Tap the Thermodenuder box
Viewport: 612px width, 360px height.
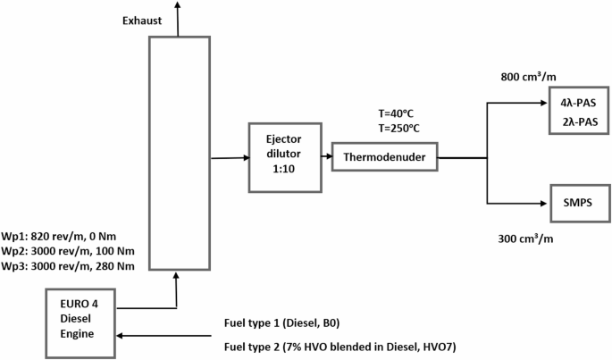[384, 158]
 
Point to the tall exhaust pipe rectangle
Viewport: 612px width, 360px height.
[179, 153]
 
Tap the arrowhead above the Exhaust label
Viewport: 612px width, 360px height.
[179, 6]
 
